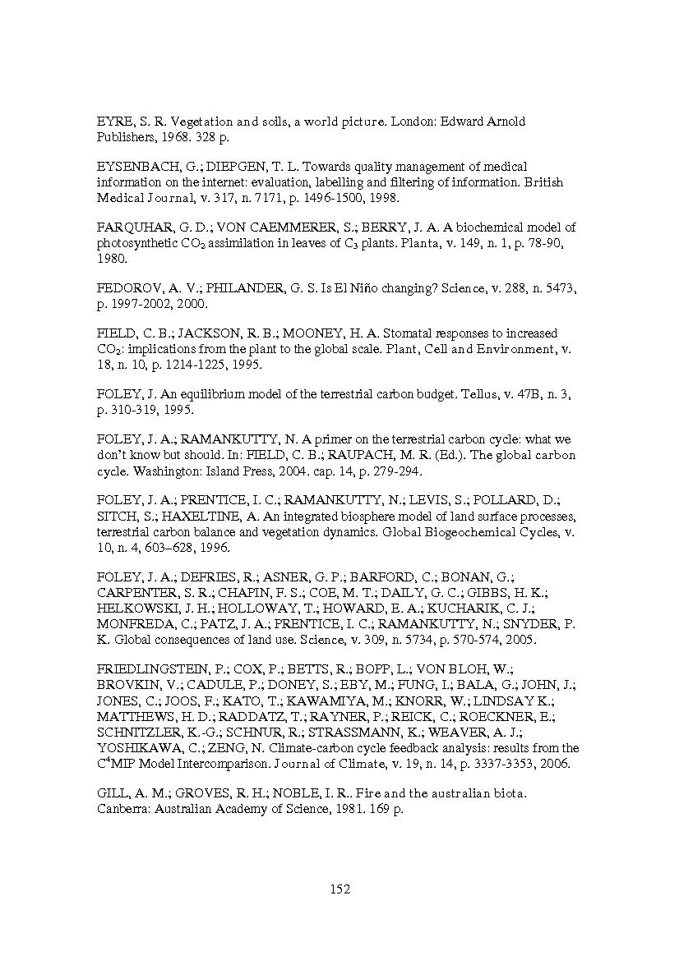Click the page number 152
(339, 889)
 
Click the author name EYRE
(113, 122)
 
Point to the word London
(413, 122)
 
